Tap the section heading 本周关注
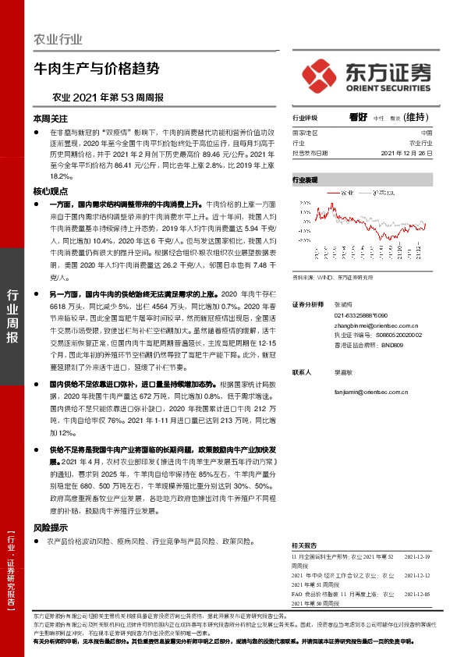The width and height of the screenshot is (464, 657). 48,119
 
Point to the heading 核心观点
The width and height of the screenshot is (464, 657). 48,190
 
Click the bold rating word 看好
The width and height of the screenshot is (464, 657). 358,118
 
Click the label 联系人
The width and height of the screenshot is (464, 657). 302,373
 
